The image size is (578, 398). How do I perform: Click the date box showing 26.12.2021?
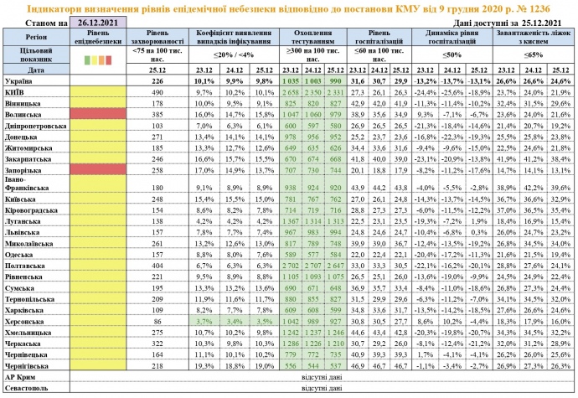point(104,22)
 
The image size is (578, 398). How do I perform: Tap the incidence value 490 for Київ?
point(156,92)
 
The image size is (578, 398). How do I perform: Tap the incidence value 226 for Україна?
point(156,81)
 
